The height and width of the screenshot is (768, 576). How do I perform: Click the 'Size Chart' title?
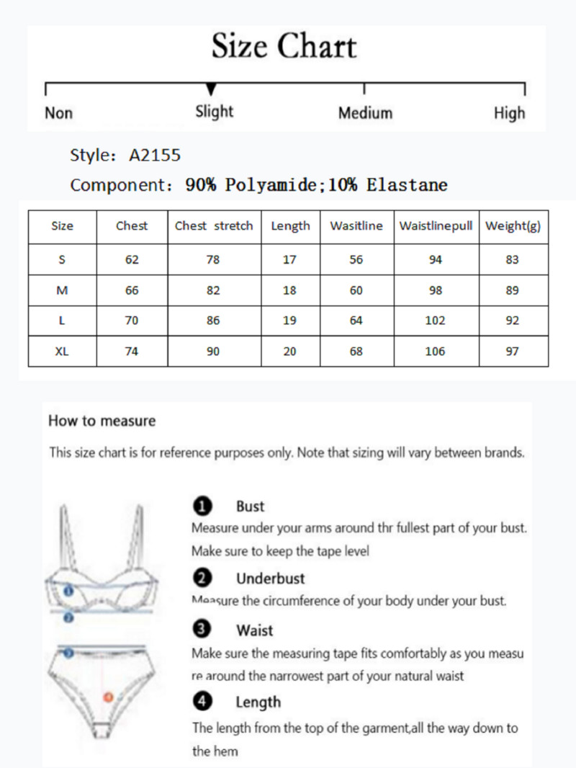point(284,48)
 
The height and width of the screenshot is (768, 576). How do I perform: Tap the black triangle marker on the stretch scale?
point(211,89)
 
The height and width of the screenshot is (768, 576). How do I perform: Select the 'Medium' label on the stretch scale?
point(365,113)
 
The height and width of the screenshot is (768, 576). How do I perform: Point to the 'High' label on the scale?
point(509,113)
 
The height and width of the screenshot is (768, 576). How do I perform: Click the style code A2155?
point(155,155)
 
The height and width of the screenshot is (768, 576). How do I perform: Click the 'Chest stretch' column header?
point(214,226)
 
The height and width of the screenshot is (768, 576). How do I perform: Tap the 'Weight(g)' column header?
point(513,226)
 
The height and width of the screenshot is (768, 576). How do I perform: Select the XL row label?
point(62,352)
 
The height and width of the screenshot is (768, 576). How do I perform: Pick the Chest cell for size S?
point(132,260)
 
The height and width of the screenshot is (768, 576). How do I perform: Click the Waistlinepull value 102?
point(435,321)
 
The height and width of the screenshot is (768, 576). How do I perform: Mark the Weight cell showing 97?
point(512,352)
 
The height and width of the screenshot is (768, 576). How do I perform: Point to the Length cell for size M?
point(289,290)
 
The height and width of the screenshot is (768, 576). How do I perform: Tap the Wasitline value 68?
point(356,352)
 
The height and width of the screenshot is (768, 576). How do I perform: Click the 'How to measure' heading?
point(102,421)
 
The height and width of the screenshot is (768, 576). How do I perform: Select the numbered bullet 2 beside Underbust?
point(202,578)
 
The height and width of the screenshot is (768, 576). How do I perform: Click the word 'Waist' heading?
point(255,630)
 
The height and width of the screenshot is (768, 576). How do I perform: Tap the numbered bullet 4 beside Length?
point(202,701)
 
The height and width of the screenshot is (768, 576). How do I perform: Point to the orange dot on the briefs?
point(108,697)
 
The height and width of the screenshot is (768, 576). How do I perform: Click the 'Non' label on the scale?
point(58,113)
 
